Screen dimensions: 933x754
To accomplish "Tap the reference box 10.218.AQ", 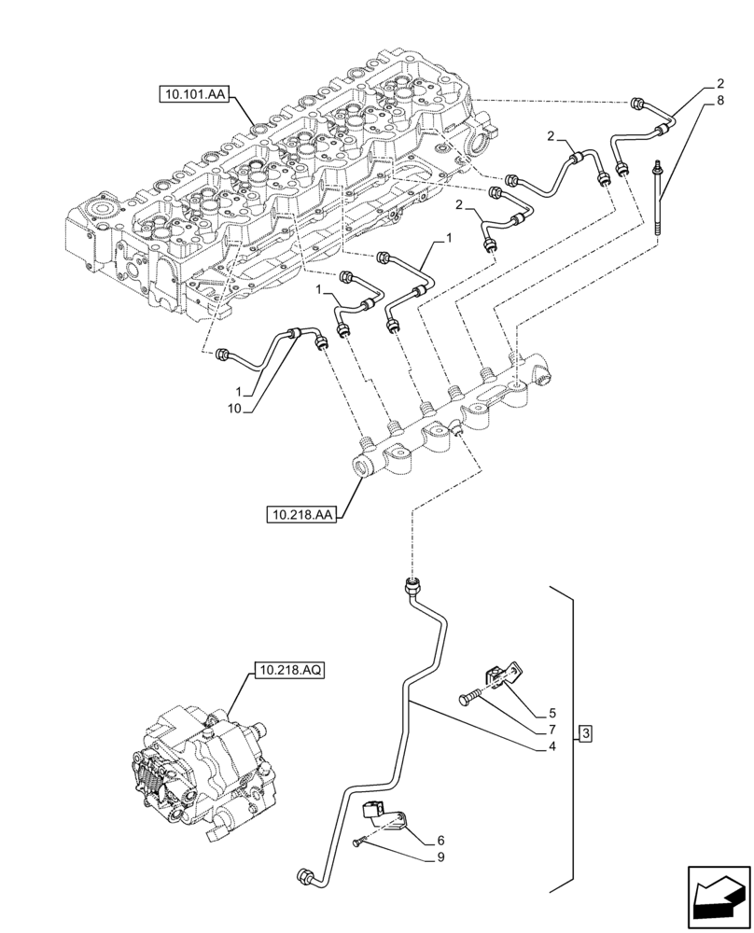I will (x=287, y=671).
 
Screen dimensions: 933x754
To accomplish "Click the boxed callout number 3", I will (x=584, y=733).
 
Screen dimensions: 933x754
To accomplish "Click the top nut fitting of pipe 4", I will (x=412, y=587).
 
